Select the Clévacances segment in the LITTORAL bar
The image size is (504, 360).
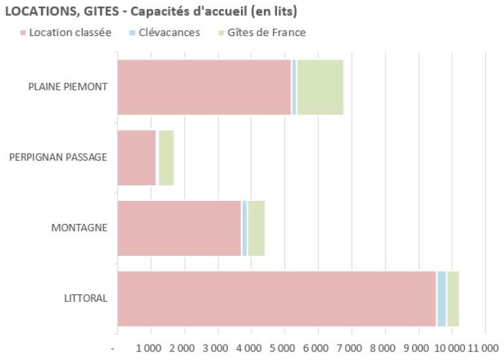point(441,298)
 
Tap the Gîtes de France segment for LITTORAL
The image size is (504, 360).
point(453,298)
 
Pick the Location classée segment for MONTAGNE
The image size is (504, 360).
point(179,228)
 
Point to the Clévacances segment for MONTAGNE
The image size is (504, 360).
point(245,228)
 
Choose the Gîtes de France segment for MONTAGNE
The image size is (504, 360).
point(256,228)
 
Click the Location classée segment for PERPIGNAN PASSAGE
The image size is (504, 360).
point(136,158)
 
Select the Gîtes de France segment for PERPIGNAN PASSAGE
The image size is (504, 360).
point(166,158)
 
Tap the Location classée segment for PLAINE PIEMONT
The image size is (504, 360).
point(204,87)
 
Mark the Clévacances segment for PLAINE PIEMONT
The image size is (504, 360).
point(294,87)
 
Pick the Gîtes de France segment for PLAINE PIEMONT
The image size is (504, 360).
point(320,87)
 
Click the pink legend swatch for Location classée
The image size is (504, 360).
point(23,33)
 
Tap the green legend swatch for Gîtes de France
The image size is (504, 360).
point(222,33)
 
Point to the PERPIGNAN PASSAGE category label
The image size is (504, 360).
point(58,158)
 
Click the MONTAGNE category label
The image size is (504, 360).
point(79,228)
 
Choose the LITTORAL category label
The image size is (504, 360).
point(86,298)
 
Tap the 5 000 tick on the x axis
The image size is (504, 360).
point(283,346)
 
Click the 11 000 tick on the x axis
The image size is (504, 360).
point(482,346)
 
